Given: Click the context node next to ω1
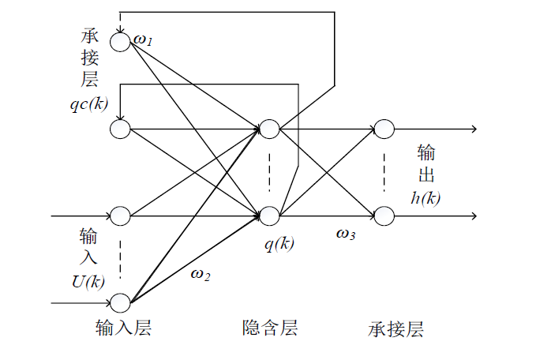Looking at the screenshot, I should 120,42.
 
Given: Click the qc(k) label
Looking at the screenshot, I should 89,103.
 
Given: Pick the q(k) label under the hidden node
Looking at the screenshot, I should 279,243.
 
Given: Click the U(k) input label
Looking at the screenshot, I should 89,280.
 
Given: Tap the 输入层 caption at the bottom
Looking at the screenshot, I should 122,328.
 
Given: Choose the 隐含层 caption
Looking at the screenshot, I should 270,328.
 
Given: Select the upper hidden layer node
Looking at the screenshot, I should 269,129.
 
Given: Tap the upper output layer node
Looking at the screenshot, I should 384,129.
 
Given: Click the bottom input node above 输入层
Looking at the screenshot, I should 120,302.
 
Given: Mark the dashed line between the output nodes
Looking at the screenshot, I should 384,171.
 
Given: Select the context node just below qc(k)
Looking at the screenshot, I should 120,129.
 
